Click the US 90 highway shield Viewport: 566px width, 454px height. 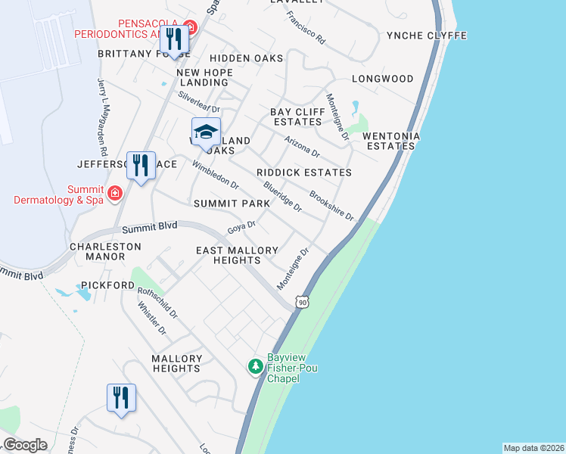point(303,302)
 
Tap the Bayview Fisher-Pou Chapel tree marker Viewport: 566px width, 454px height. point(256,366)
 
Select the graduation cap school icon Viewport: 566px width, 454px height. point(206,132)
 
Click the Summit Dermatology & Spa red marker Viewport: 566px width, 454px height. point(114,193)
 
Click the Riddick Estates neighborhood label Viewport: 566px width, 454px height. point(304,173)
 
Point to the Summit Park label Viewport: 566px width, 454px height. point(232,204)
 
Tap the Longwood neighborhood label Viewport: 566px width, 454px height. point(383,79)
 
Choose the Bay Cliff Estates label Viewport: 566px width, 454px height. point(297,117)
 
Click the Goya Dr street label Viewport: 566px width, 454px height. point(242,227)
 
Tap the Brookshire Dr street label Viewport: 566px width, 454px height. point(331,204)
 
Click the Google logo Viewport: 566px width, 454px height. point(25,444)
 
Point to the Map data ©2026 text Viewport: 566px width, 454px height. point(533,448)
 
